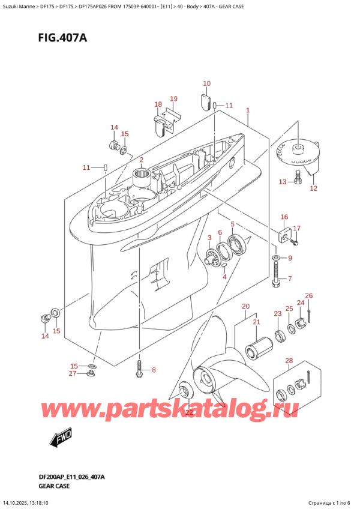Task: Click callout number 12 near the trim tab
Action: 313,188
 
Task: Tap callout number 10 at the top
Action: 206,83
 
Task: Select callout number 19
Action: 173,98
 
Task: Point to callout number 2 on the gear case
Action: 141,160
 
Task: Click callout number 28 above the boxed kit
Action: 289,360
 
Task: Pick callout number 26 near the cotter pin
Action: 309,295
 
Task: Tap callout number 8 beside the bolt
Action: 153,370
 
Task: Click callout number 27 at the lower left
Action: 72,373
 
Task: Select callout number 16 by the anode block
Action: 284,217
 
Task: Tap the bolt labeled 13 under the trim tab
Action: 298,176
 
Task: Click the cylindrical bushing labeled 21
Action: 260,348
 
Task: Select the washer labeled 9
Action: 275,258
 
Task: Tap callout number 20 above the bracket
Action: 245,307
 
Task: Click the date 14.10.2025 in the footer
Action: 22,502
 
